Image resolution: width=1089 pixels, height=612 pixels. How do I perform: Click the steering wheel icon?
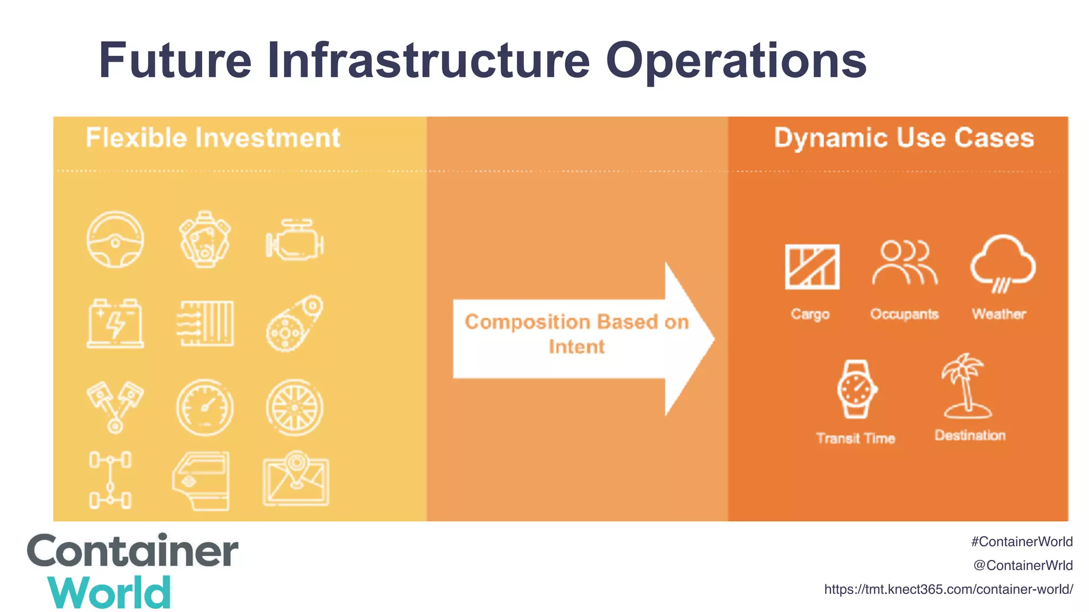(x=115, y=240)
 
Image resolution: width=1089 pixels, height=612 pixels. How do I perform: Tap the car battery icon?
(x=115, y=324)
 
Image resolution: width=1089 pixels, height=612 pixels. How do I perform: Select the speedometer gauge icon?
(x=205, y=407)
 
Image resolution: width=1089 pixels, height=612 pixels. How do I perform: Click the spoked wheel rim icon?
(x=295, y=407)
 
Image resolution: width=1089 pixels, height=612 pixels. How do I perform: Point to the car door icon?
(x=202, y=481)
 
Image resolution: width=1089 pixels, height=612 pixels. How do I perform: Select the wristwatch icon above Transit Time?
(x=856, y=389)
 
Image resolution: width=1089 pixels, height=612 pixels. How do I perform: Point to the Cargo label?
(x=810, y=314)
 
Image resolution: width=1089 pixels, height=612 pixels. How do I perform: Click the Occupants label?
(x=904, y=314)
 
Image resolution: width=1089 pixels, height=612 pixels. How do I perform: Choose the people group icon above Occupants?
(x=904, y=263)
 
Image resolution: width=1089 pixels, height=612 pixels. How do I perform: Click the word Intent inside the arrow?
(x=576, y=347)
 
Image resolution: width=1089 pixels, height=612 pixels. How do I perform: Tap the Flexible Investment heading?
(x=213, y=138)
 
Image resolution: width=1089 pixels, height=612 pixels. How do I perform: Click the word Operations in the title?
(x=736, y=61)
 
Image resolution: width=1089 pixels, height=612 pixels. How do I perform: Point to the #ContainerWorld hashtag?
(x=1021, y=542)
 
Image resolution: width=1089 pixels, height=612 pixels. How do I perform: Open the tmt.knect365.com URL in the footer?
(x=948, y=589)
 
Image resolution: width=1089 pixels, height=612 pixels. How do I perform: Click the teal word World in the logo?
(x=110, y=593)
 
